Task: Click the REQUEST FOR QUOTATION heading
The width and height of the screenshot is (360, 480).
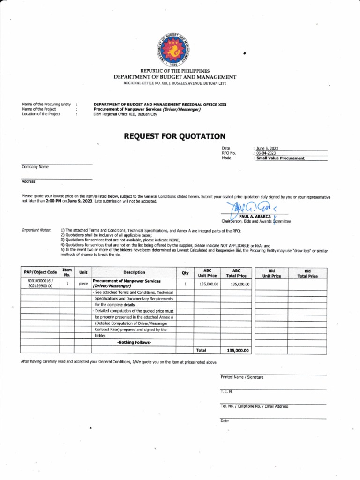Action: (x=174, y=136)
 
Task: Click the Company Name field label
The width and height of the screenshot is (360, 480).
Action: (x=35, y=167)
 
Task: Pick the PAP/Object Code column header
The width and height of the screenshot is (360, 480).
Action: (x=40, y=272)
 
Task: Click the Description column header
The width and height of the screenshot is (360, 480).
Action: (x=134, y=272)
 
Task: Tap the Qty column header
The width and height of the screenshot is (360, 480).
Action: (x=185, y=272)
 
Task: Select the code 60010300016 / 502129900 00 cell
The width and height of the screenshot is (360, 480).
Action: (x=40, y=284)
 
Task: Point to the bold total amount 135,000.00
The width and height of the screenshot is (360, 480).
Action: (x=238, y=350)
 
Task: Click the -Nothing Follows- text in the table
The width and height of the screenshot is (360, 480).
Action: (x=134, y=343)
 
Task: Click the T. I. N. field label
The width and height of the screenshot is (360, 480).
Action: (x=226, y=391)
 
